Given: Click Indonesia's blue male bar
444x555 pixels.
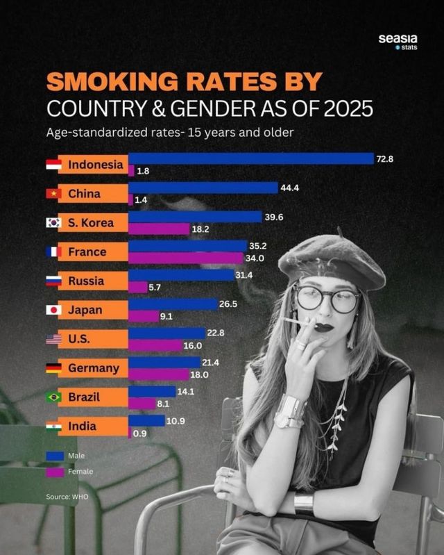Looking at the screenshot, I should click(250, 158).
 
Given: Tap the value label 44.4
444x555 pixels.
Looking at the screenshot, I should click(289, 188).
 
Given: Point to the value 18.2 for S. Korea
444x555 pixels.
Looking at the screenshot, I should click(201, 229).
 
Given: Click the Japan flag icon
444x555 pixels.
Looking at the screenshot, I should click(53, 310).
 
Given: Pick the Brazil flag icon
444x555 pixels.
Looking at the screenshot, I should click(53, 397).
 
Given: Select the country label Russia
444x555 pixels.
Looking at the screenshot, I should click(86, 281).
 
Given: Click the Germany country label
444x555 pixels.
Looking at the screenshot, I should click(93, 368).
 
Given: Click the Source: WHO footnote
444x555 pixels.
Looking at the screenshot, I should click(67, 497).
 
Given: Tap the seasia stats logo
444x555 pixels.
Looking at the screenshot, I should click(398, 42).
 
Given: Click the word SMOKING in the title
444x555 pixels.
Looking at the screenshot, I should click(111, 82).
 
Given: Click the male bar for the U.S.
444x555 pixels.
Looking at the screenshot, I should click(166, 333).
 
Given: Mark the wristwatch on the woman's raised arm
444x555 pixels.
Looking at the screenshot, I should click(288, 420).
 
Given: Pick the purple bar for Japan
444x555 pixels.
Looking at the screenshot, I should click(144, 316).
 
